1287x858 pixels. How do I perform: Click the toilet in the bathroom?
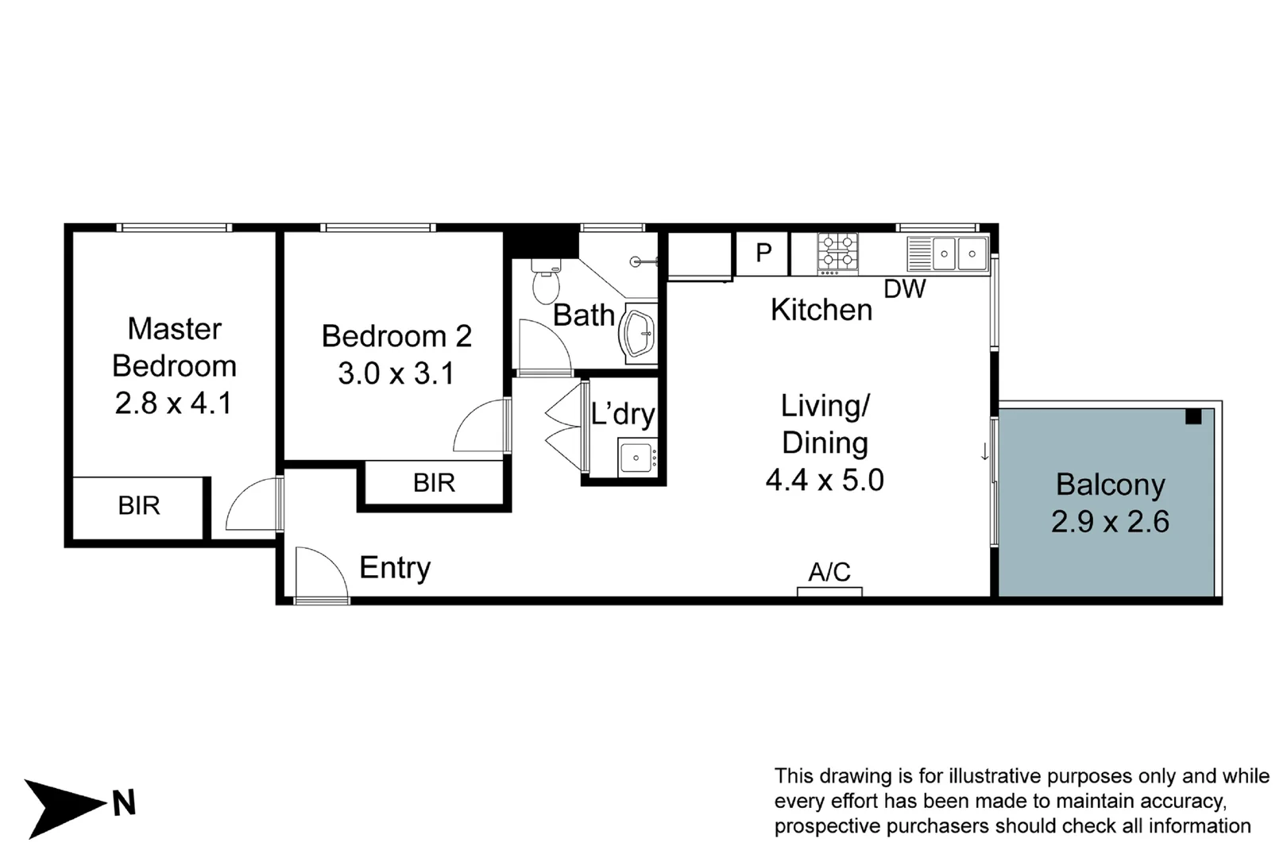(x=546, y=283)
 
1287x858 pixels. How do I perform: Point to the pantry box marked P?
(x=763, y=253)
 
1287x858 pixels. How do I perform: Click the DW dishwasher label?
(x=904, y=289)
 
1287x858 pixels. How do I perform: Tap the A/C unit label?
(x=829, y=572)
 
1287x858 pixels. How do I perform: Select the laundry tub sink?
(x=636, y=458)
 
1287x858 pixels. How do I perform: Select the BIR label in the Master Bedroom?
(x=139, y=505)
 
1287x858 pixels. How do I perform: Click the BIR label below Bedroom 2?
(x=434, y=482)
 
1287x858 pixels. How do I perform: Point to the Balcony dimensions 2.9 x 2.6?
(x=1110, y=522)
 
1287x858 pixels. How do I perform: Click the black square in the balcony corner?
(x=1192, y=416)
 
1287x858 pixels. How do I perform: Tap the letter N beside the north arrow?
(x=124, y=803)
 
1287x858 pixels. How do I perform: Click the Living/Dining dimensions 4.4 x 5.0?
(x=825, y=480)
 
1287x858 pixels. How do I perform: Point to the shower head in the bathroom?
(x=636, y=261)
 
